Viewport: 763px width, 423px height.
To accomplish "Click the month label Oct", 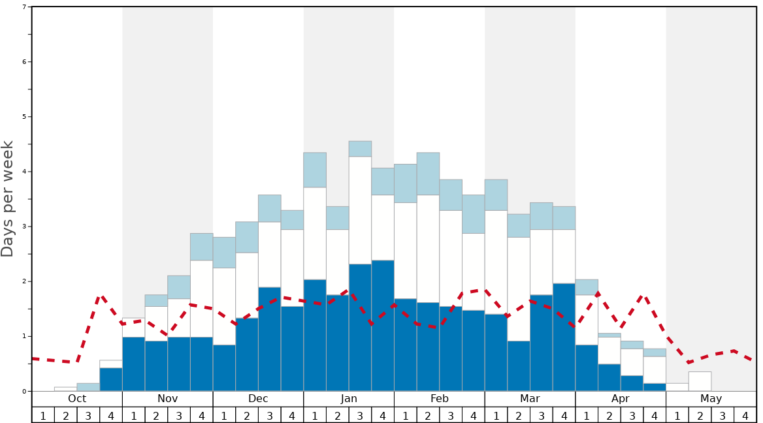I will pos(77,399).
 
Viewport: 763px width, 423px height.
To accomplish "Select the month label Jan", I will pos(349,399).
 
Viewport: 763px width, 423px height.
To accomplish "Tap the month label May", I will pos(711,399).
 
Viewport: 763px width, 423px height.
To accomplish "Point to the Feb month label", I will pos(440,399).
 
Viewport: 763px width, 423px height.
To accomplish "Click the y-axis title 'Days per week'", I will pos(8,199).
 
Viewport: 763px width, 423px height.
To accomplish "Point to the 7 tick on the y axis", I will pos(24,7).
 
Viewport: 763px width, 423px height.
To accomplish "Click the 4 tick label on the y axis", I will pos(24,172).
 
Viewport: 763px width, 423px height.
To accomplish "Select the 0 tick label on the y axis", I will pos(24,392).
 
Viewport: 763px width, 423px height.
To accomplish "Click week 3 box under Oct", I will pos(88,415).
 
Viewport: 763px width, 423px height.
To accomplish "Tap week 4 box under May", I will pos(745,415).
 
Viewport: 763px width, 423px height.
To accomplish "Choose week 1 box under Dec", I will pos(224,415).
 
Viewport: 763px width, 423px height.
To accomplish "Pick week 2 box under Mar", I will pos(519,415).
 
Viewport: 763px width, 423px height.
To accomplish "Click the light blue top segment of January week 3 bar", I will pos(360,149).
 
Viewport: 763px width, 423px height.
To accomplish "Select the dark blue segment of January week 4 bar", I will pos(383,326).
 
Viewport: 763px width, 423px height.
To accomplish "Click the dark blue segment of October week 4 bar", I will pos(111,380).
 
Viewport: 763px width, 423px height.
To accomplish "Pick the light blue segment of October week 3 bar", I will pos(88,387).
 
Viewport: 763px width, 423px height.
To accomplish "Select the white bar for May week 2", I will pos(700,381).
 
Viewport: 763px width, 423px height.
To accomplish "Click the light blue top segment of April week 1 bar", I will pos(587,287).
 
